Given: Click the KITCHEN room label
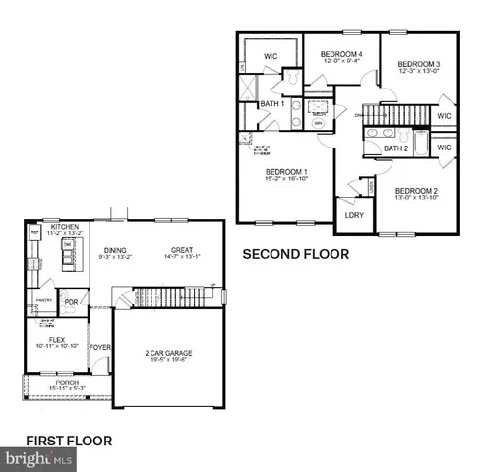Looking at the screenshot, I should click(x=64, y=226).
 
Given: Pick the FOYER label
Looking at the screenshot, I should click(x=100, y=347).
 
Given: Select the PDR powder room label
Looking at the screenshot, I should click(x=71, y=302).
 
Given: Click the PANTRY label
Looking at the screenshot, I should click(x=42, y=300).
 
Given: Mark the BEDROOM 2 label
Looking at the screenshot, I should click(x=415, y=190).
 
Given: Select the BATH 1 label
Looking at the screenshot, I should click(x=272, y=104).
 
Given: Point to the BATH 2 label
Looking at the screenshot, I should click(x=395, y=148).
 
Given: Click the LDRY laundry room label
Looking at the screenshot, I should click(x=354, y=214).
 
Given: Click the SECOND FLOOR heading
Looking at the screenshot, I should click(x=296, y=254).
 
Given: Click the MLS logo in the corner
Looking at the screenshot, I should click(x=37, y=459).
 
